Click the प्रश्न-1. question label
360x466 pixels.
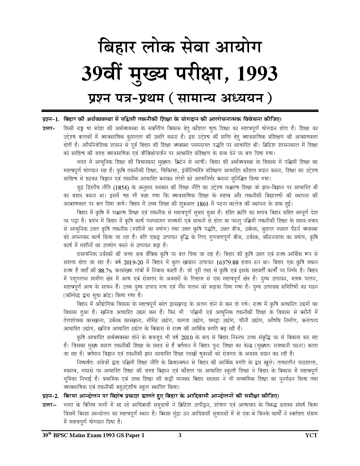coord(50,119)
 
